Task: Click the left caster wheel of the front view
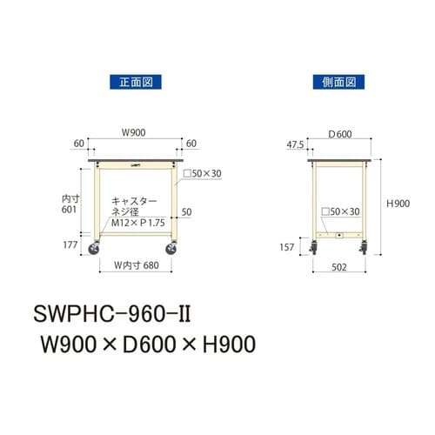point(94,253)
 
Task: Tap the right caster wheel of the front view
point(174,253)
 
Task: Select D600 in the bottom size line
point(153,345)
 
